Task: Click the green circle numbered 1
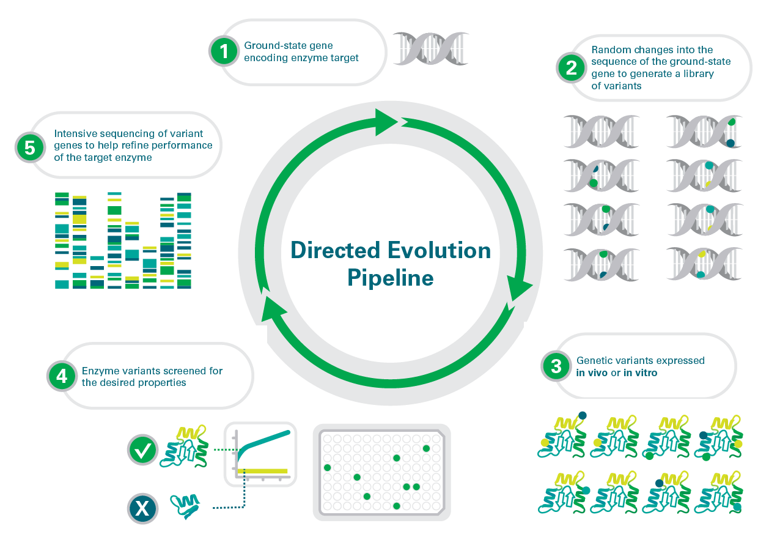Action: pos(224,51)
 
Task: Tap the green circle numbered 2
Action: pos(571,67)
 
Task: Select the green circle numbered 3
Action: pos(556,366)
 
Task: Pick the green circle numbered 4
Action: pos(62,376)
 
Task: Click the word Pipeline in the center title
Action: pos(391,278)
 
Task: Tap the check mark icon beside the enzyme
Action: pos(143,451)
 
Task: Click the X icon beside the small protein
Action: pos(143,507)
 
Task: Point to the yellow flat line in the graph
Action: pos(263,470)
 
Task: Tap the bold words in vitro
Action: pos(640,372)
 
